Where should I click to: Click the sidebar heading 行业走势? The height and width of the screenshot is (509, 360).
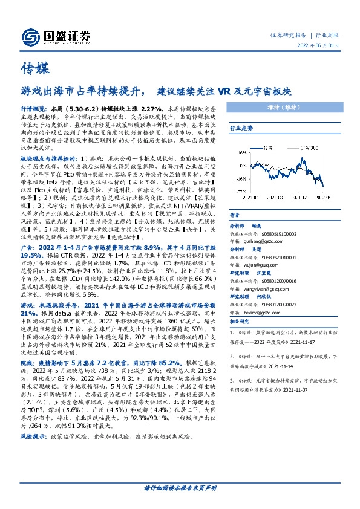pyautogui.click(x=240, y=129)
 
